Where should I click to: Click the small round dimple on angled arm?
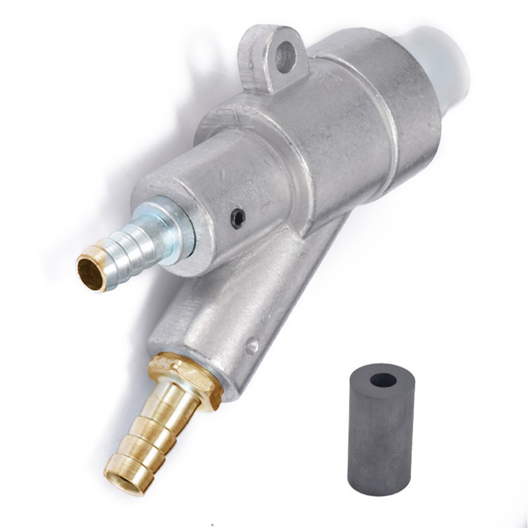(252, 345)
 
